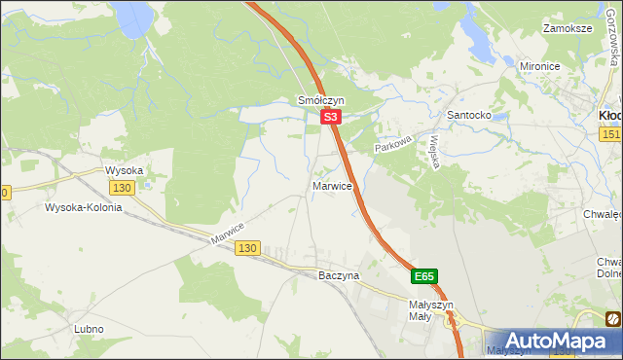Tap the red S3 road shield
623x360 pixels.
tap(331, 117)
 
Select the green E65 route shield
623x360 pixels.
tap(423, 276)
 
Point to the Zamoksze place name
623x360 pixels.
tap(569, 28)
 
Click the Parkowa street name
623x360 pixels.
tap(396, 142)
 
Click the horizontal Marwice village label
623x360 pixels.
tap(333, 185)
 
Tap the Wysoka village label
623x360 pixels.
tap(125, 170)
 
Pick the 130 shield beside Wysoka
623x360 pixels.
tap(122, 188)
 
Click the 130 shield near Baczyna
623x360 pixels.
tap(247, 249)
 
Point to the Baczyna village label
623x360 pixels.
tap(339, 275)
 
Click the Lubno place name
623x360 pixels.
tap(89, 329)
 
